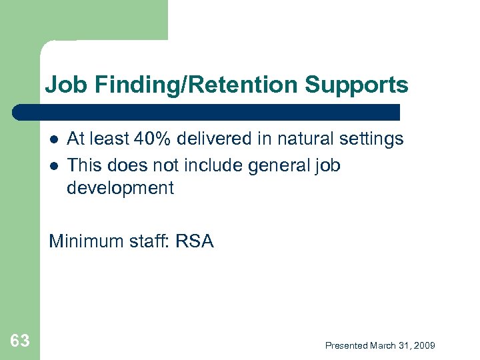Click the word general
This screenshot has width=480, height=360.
277,164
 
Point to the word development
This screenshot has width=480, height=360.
120,188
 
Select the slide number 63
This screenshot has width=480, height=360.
20,341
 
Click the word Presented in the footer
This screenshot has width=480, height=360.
346,345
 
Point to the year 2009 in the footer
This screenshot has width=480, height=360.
424,345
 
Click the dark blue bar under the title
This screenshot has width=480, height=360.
207,111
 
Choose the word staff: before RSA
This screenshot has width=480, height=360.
149,241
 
